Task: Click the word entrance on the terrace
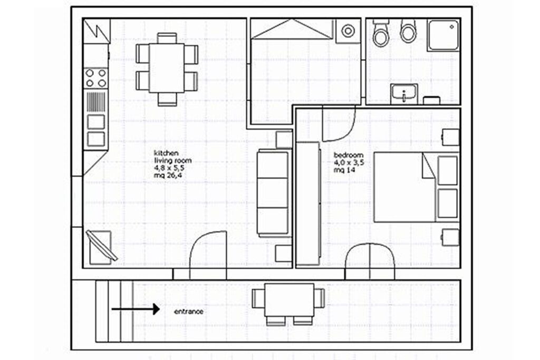pyautogui.click(x=188, y=312)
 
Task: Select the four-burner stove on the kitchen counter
pyautogui.click(x=96, y=78)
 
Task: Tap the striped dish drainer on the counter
pyautogui.click(x=96, y=102)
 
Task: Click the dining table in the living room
pyautogui.click(x=167, y=68)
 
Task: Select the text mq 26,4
pyautogui.click(x=168, y=176)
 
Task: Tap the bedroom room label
pyautogui.click(x=349, y=155)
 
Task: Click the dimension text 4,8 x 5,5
pyautogui.click(x=169, y=168)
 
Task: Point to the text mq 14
pyautogui.click(x=344, y=170)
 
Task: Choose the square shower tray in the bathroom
pyautogui.click(x=443, y=35)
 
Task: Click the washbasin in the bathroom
pyautogui.click(x=404, y=94)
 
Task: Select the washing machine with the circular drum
pyautogui.click(x=348, y=31)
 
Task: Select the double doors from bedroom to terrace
pyautogui.click(x=370, y=260)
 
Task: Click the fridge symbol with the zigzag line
pyautogui.click(x=97, y=31)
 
